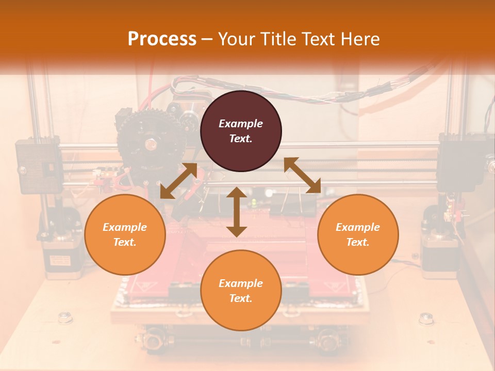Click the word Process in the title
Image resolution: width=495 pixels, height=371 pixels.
pos(162,39)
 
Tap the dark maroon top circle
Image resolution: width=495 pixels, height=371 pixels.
pos(241,131)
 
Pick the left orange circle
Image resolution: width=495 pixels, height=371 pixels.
pos(125,234)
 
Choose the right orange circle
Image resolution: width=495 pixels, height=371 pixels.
pos(358,234)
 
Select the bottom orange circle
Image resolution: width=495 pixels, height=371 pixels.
pos(241,291)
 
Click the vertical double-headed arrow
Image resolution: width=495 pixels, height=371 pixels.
pos(237,212)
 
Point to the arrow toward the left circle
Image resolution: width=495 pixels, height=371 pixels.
pos(178,180)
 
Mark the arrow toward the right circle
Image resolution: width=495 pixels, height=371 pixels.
pos(302,175)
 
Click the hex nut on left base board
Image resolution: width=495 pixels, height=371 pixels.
pos(65,317)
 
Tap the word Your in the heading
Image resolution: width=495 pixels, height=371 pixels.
pos(235,39)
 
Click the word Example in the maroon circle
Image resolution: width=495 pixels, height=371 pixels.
pos(241,124)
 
